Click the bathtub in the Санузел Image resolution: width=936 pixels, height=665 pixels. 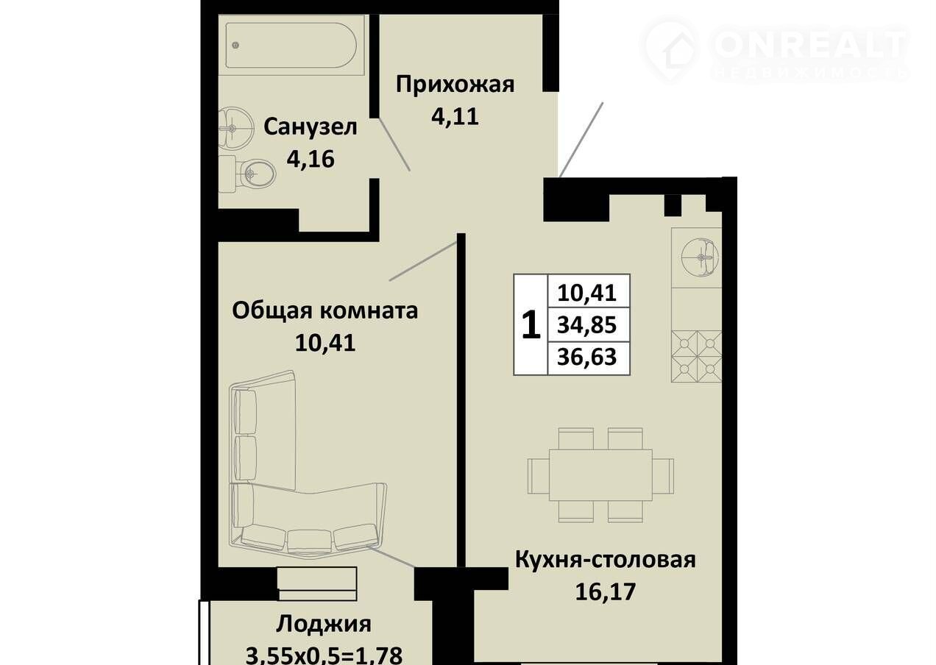[291, 45]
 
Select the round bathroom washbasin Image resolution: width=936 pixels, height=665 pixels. [236, 127]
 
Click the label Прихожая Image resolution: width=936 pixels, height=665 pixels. [455, 85]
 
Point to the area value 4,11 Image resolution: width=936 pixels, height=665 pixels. [455, 116]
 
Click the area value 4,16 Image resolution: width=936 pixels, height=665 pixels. [311, 159]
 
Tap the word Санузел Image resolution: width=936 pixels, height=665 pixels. [310, 127]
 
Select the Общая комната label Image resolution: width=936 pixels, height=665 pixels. [325, 311]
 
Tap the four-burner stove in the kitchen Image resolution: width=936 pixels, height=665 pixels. [696, 356]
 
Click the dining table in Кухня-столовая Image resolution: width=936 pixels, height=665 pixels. [600, 475]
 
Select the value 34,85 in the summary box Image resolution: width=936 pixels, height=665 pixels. [586, 324]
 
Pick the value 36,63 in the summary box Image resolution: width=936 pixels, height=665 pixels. [586, 358]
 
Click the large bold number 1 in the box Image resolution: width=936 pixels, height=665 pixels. [531, 324]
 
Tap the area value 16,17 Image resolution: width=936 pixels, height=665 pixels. [605, 591]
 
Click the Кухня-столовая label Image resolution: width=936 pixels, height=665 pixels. [606, 560]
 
